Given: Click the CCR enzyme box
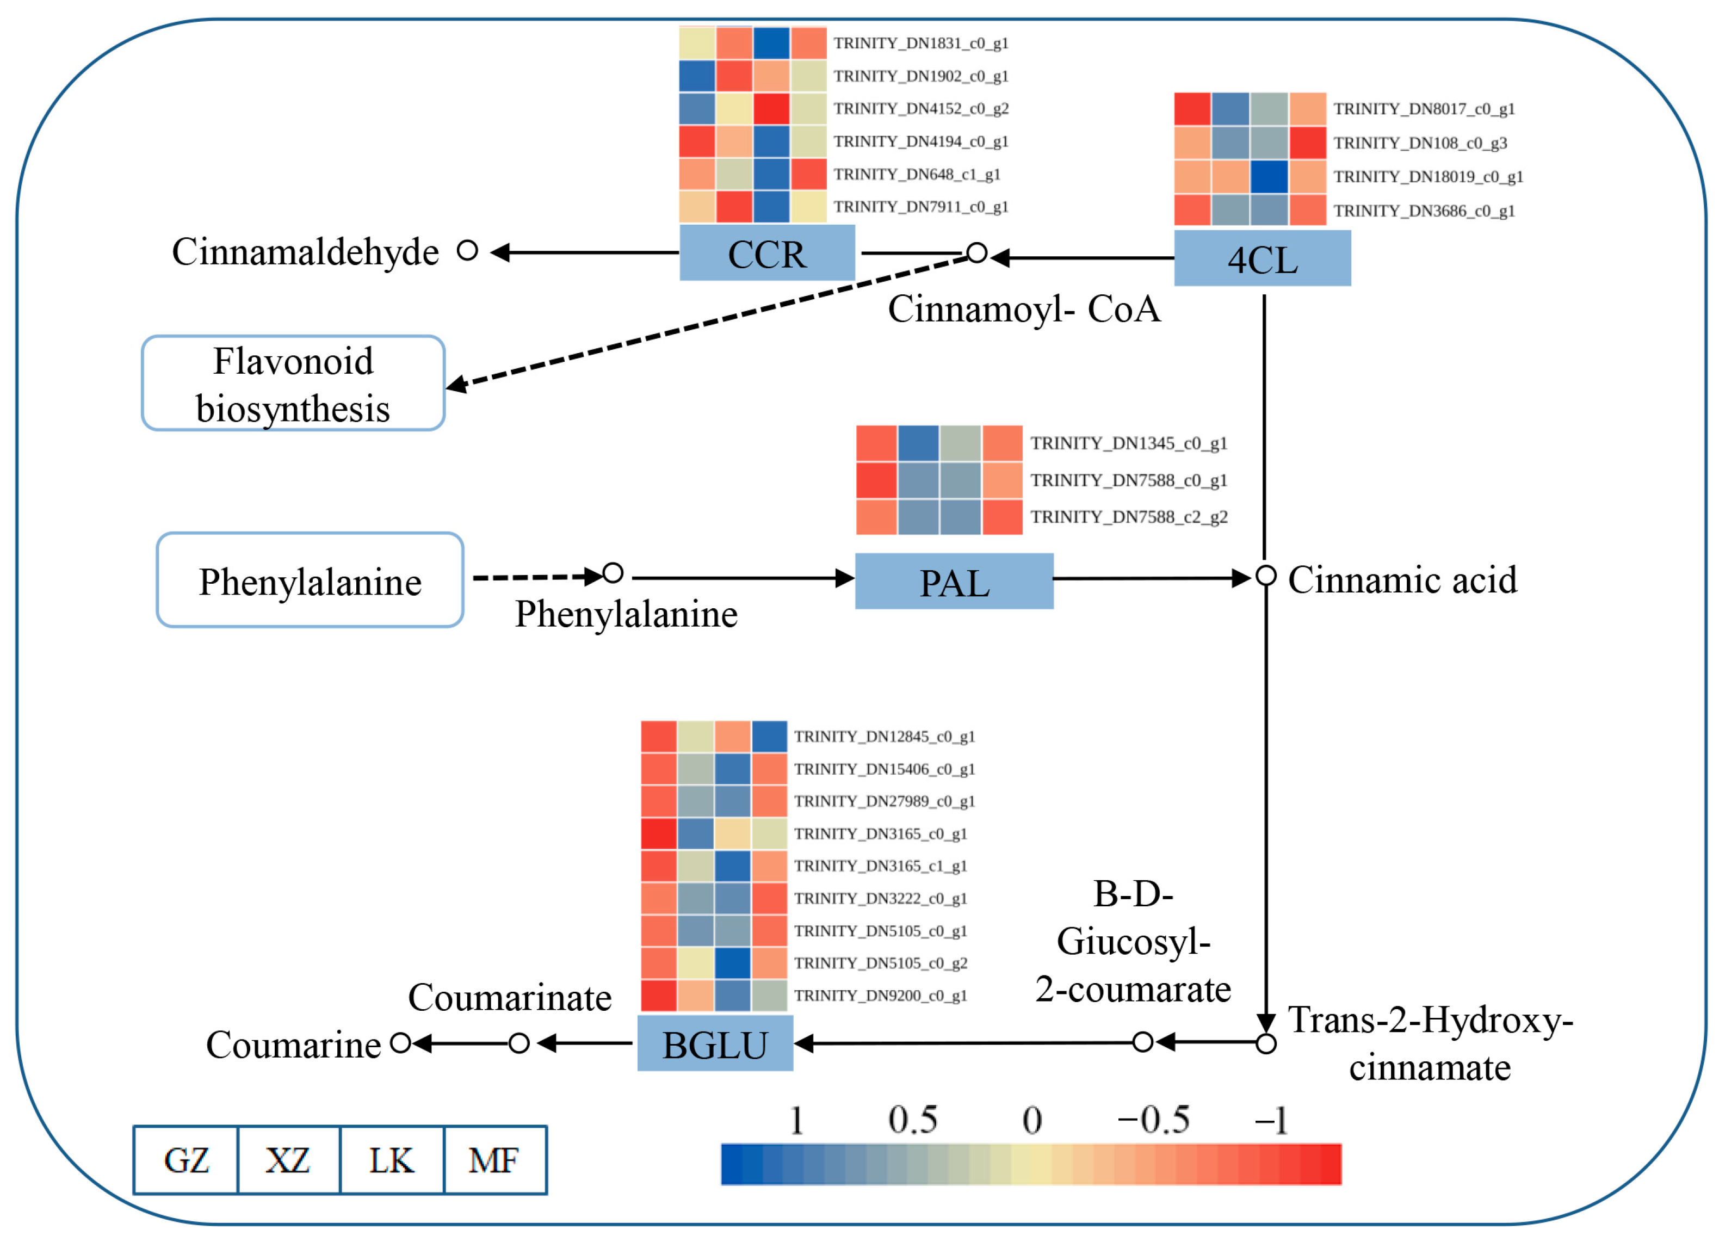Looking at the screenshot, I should pos(766,253).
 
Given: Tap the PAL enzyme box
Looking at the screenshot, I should pos(954,581).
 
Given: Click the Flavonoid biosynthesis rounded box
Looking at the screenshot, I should pos(293,384).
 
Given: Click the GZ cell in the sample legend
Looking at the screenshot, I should pos(185,1160).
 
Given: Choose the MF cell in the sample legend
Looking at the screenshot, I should pos(494,1160).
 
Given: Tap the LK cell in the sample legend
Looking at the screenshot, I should pos(391,1160).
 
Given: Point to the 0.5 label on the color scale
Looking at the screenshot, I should pos(913,1120).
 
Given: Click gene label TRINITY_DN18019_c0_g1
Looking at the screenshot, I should pos(1427,177).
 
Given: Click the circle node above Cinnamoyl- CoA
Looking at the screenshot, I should pos(977,253).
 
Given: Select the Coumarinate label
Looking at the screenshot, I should pos(509,998).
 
